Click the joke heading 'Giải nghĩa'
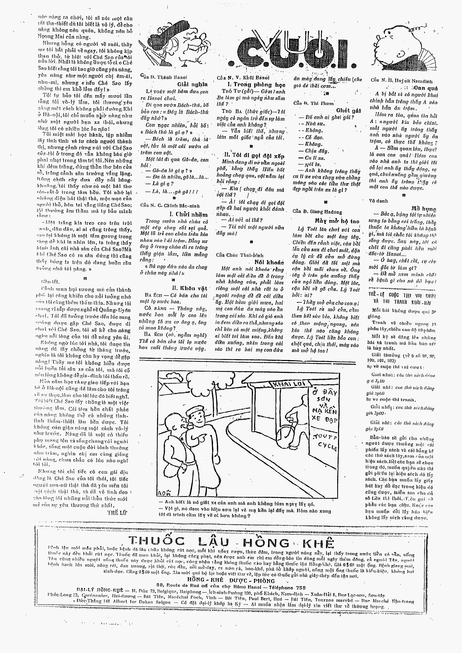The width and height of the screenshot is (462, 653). [192, 84]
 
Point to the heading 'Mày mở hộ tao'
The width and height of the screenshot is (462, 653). [337, 221]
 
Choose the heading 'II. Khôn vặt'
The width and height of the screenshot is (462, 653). [190, 288]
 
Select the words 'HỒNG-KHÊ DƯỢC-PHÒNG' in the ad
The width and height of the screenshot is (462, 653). [231, 581]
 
